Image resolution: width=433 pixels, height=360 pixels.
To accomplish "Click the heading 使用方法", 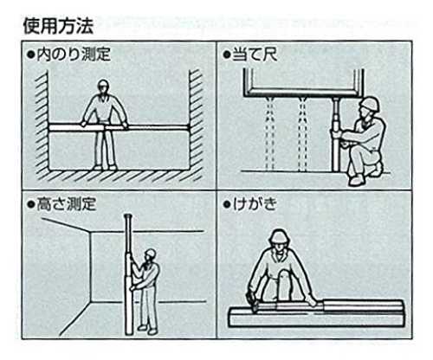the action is click(59, 26).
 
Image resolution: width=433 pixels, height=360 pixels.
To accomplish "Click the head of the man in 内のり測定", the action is click(103, 87).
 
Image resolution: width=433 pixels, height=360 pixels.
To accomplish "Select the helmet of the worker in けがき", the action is click(280, 235).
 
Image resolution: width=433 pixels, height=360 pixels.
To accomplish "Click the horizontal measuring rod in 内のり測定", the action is click(119, 128).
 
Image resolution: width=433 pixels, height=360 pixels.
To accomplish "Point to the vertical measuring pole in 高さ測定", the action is click(128, 274).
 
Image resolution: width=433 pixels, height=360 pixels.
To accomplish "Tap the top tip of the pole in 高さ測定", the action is click(128, 215).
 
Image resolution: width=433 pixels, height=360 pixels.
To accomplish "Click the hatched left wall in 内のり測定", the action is click(42, 123).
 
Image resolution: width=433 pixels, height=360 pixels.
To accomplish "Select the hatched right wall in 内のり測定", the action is click(196, 123).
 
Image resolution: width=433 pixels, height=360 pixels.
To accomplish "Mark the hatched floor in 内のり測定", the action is click(119, 176).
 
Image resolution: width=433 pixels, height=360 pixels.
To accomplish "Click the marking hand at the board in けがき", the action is click(252, 299).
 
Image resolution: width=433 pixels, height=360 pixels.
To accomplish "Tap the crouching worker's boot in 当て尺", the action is click(356, 180).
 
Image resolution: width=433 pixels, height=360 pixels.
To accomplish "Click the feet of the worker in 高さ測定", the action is click(148, 330).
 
